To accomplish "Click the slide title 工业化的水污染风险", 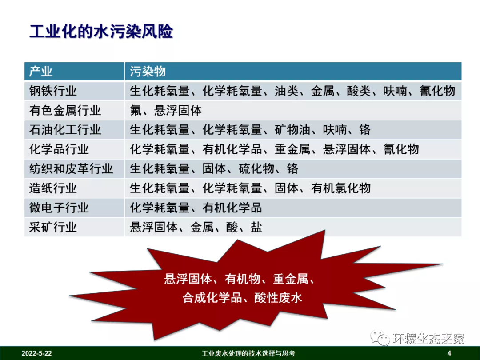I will pos(101,32).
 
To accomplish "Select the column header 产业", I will pos(41,72).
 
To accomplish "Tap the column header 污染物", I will pos(148,72).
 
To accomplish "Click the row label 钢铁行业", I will pos(53,91).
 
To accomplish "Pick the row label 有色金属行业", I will pos(65,110).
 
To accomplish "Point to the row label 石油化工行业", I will pos(65,130).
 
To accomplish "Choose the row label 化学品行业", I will pos(59,149).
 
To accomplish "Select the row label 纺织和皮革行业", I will pos(71,169).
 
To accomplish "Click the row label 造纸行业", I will pos(53,188).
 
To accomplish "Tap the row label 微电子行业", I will pos(59,208).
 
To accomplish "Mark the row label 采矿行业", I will pos(53,227).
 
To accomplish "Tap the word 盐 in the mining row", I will pos(256,227).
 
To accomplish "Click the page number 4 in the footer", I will pos(449,354).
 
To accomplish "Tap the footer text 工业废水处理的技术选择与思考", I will pos(248,354).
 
